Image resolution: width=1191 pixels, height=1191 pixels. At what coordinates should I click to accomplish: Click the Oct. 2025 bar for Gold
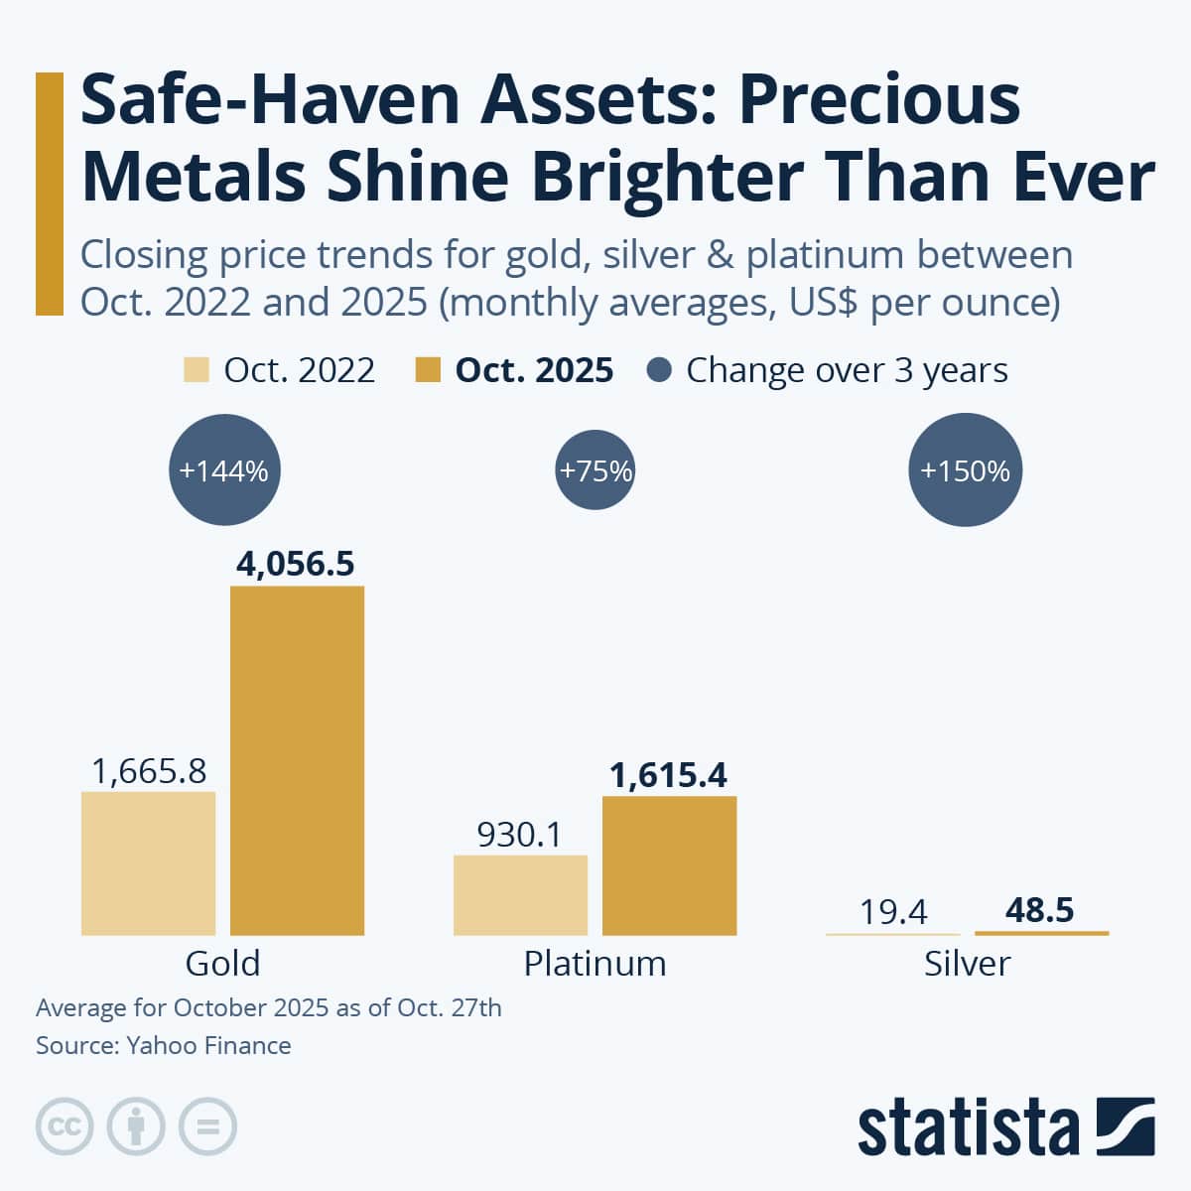pyautogui.click(x=297, y=760)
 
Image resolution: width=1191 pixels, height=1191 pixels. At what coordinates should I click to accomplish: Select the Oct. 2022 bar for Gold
pyautogui.click(x=148, y=862)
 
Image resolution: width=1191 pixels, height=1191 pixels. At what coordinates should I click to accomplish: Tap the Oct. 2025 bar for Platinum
pyautogui.click(x=669, y=864)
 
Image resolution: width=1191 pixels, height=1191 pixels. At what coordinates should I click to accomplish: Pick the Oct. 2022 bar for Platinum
pyautogui.click(x=520, y=894)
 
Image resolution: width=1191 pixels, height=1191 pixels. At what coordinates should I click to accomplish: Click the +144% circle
pyautogui.click(x=224, y=470)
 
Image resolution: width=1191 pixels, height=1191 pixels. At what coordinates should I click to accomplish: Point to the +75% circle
pyautogui.click(x=595, y=470)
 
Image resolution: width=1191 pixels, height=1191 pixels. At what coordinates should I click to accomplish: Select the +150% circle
pyautogui.click(x=965, y=470)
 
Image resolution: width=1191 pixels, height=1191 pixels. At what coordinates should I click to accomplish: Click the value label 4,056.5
pyautogui.click(x=296, y=564)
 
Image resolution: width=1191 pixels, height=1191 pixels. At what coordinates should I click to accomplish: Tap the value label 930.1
pyautogui.click(x=519, y=835)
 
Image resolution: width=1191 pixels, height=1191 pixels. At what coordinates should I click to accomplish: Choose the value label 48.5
pyautogui.click(x=1039, y=910)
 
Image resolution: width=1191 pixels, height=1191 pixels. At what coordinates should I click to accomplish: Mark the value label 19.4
pyautogui.click(x=893, y=911)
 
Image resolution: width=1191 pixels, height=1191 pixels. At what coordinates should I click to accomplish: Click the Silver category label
pyautogui.click(x=967, y=963)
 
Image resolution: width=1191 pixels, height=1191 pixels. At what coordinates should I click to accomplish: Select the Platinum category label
pyautogui.click(x=595, y=963)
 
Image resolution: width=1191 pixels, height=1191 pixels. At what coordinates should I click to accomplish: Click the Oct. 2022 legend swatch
pyautogui.click(x=197, y=370)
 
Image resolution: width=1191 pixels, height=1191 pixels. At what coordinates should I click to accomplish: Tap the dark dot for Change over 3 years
pyautogui.click(x=659, y=370)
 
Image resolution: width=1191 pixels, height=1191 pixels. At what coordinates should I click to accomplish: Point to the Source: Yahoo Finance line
pyautogui.click(x=164, y=1045)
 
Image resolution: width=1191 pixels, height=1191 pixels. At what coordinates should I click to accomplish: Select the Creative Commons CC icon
pyautogui.click(x=65, y=1126)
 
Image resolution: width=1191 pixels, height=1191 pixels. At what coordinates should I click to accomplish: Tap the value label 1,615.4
pyautogui.click(x=668, y=775)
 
